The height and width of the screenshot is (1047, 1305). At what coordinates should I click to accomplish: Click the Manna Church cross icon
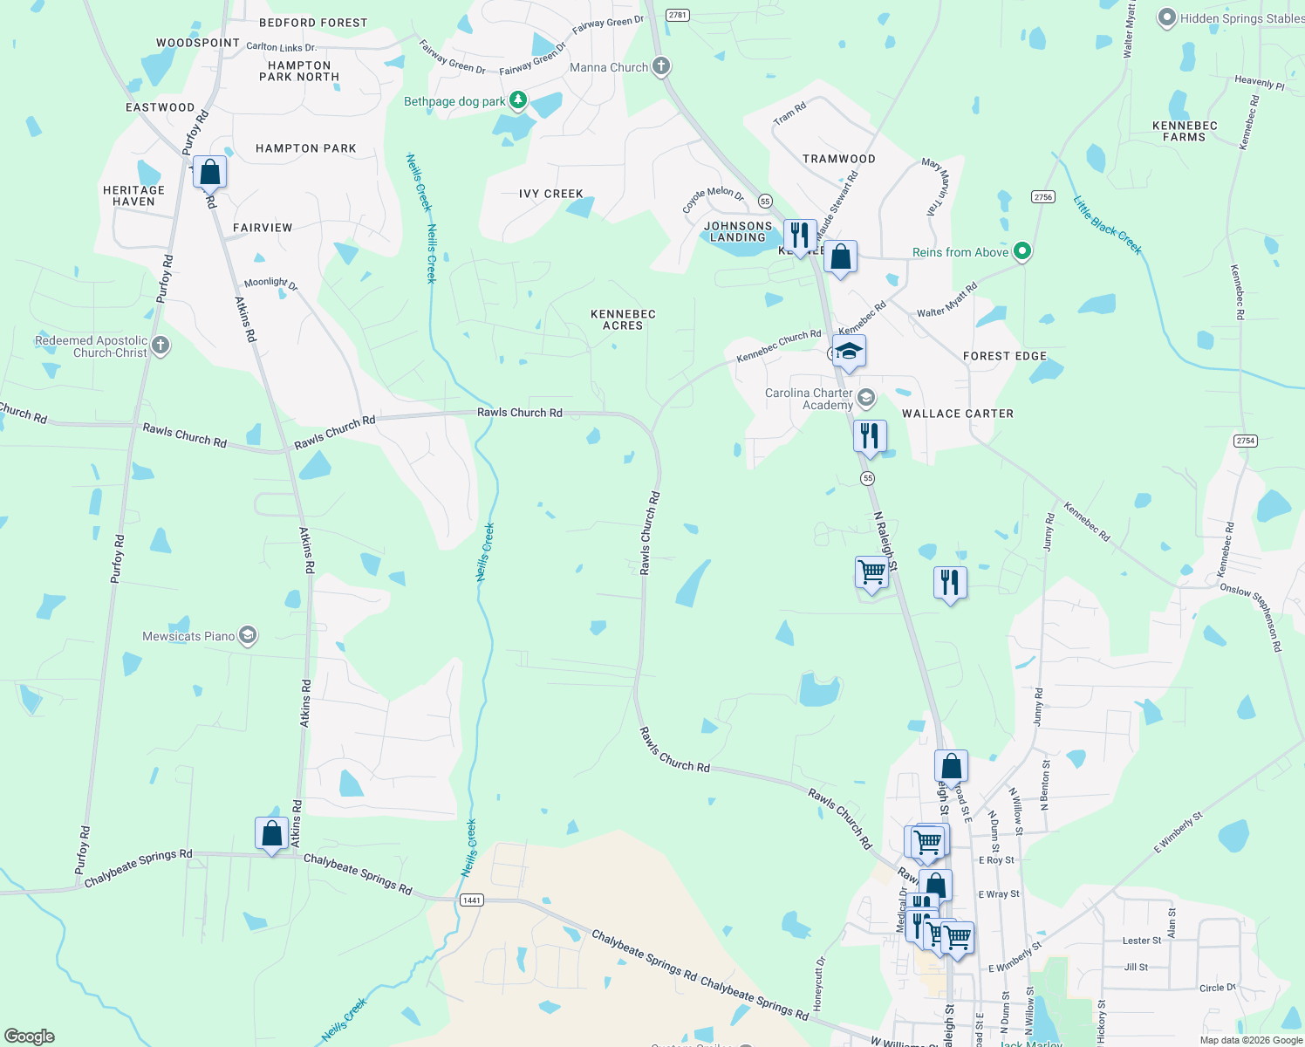(x=661, y=66)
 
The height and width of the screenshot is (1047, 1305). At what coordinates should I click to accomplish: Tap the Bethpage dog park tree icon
(x=518, y=101)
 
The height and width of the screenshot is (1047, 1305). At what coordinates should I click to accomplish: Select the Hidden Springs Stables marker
(x=1167, y=17)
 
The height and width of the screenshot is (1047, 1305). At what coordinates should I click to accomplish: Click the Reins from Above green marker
(x=1022, y=252)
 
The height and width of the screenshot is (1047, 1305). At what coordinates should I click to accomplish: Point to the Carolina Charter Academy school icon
(x=865, y=399)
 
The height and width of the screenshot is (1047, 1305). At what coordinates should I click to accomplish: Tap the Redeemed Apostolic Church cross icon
(x=161, y=346)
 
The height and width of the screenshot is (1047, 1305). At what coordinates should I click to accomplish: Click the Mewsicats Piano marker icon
(x=248, y=635)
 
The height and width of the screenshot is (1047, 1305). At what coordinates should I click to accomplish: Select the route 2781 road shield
(x=678, y=15)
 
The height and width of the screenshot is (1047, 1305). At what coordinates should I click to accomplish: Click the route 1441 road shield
(x=471, y=900)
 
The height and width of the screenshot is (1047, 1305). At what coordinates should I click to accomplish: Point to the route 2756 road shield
(x=1043, y=196)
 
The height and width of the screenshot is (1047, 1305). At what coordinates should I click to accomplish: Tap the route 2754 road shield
(x=1246, y=441)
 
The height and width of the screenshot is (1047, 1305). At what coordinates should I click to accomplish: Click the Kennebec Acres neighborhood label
(x=623, y=319)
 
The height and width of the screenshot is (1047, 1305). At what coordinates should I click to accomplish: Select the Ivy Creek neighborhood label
(x=550, y=194)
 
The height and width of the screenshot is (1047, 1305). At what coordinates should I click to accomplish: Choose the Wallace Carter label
(x=957, y=414)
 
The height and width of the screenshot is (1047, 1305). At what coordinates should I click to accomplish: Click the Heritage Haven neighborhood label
(x=133, y=195)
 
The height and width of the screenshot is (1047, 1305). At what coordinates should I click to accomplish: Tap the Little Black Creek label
(x=1107, y=224)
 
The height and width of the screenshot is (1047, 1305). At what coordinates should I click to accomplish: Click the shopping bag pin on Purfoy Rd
(x=210, y=171)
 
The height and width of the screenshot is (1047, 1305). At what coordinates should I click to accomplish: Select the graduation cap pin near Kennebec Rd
(x=849, y=351)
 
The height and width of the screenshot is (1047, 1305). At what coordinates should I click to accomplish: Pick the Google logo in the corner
(x=29, y=1036)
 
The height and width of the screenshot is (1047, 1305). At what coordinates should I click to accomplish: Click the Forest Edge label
(x=1004, y=356)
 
